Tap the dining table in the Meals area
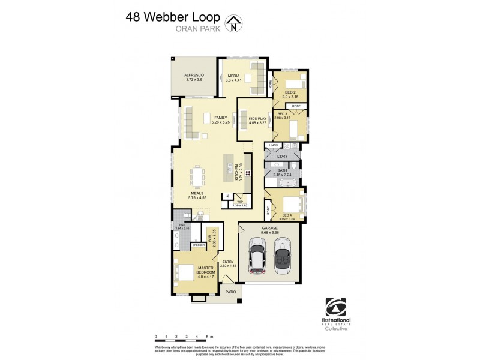[x=198, y=176]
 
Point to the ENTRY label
[x=227, y=261]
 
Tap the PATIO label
[x=231, y=292]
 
